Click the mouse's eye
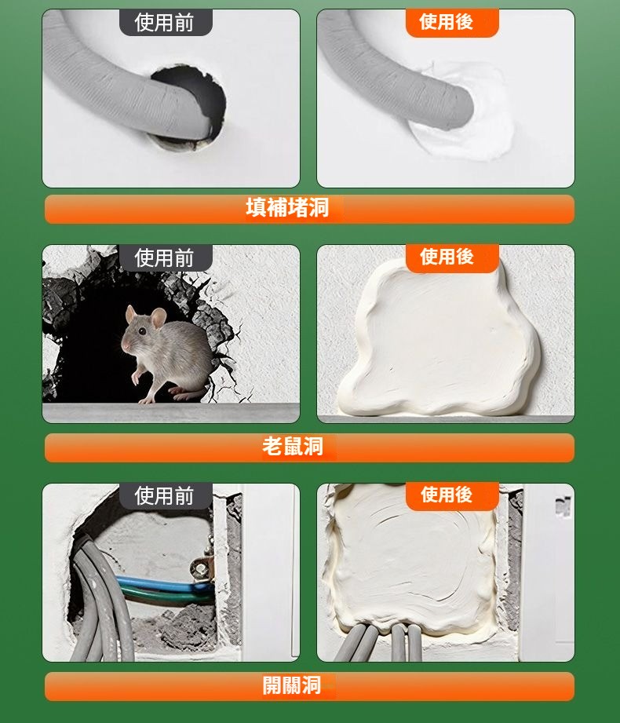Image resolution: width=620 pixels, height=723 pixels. (x=142, y=330)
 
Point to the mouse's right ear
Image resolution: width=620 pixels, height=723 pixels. (x=159, y=317)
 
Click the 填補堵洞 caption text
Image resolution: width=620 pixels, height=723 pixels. (x=287, y=208)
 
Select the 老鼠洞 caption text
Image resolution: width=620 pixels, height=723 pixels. (x=292, y=447)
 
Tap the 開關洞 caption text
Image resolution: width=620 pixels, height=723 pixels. (x=292, y=685)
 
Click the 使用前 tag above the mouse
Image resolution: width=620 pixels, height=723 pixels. (x=165, y=257)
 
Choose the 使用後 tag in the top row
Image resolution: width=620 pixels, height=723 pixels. (x=452, y=22)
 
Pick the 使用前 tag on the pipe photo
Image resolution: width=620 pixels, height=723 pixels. (x=165, y=23)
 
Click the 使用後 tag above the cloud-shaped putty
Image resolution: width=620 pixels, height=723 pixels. (x=452, y=257)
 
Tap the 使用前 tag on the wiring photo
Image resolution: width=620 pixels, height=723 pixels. (x=165, y=496)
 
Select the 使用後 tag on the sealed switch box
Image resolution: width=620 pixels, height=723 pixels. (x=452, y=495)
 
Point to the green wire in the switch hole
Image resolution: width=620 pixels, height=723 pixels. (x=166, y=597)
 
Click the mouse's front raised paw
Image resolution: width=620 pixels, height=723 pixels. (x=136, y=377)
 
